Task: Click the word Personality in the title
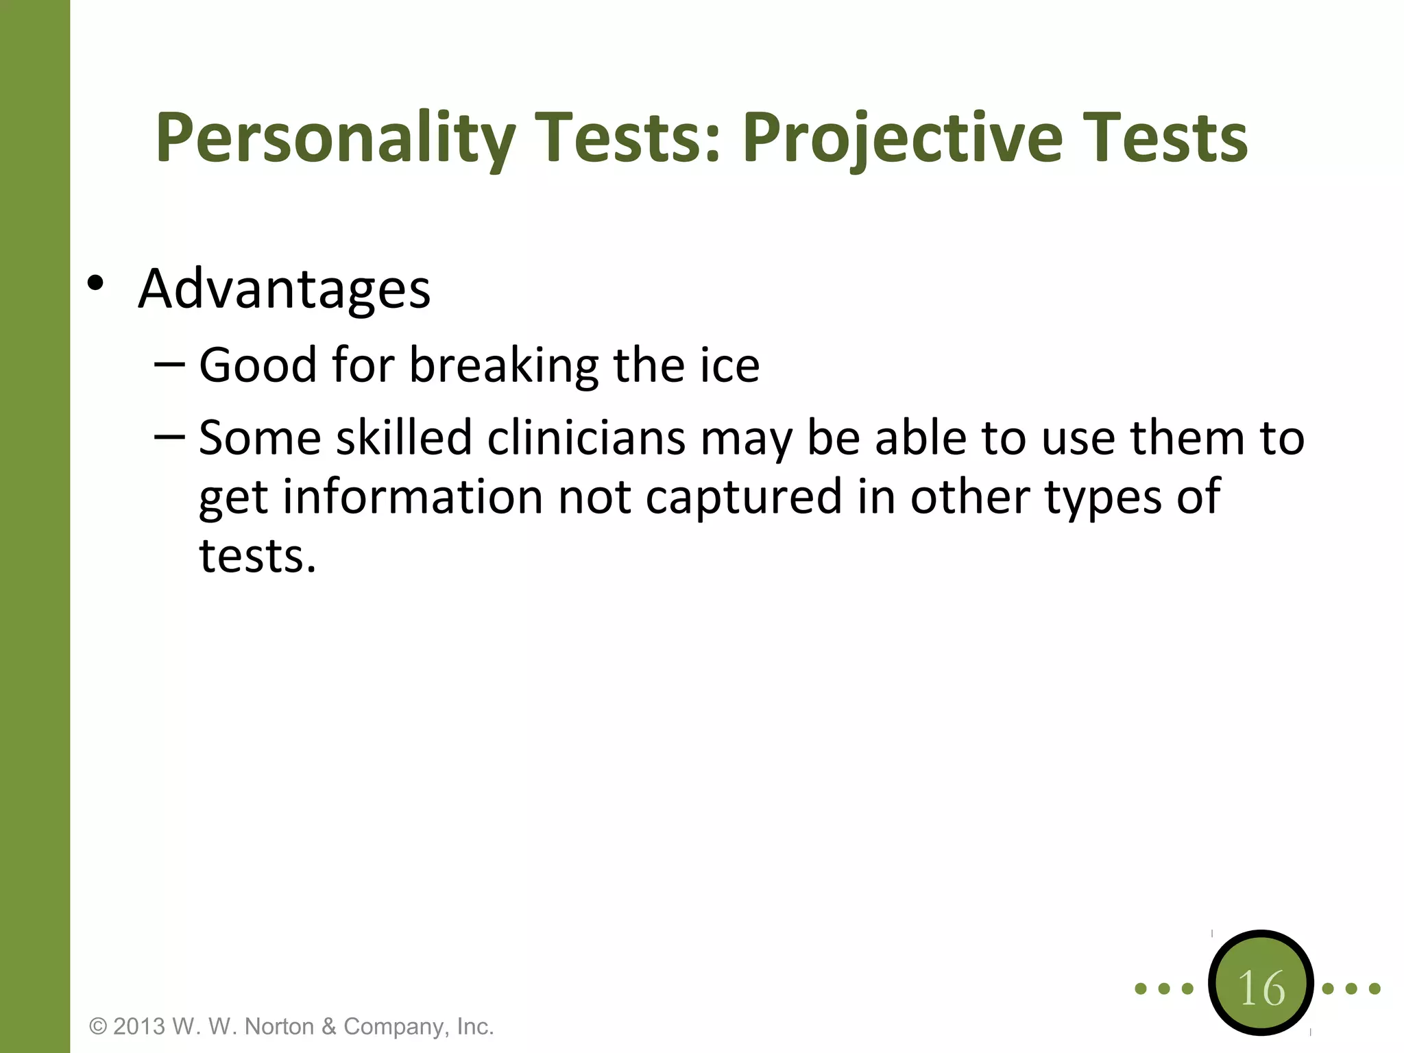pos(335,139)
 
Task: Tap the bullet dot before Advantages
pos(95,282)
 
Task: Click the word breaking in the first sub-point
pos(504,365)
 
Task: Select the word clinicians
pos(586,438)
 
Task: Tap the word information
pos(413,497)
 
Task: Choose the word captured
pos(744,497)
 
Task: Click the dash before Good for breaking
pos(169,364)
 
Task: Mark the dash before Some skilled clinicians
pos(169,437)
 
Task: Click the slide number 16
pos(1261,989)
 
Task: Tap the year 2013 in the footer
pos(139,1027)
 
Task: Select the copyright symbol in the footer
pos(99,1027)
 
